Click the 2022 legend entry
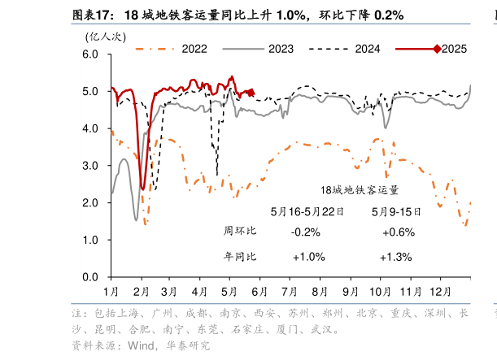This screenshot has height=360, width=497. coord(194,49)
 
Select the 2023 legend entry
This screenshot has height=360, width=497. coord(281,49)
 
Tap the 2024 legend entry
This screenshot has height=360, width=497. coord(367,49)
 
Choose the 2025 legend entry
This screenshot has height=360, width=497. coord(454,49)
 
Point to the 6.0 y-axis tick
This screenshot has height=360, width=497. coord(91,54)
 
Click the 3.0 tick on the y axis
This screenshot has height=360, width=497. coord(91,166)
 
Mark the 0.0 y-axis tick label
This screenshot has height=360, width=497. coord(91,277)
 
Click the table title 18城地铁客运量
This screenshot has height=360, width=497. coord(360,190)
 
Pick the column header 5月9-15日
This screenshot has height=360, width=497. coord(396,211)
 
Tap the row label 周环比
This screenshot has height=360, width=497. coord(239,232)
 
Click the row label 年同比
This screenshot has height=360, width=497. coord(239,257)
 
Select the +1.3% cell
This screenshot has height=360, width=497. coord(396,257)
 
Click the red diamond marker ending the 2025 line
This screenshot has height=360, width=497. coord(251,93)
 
